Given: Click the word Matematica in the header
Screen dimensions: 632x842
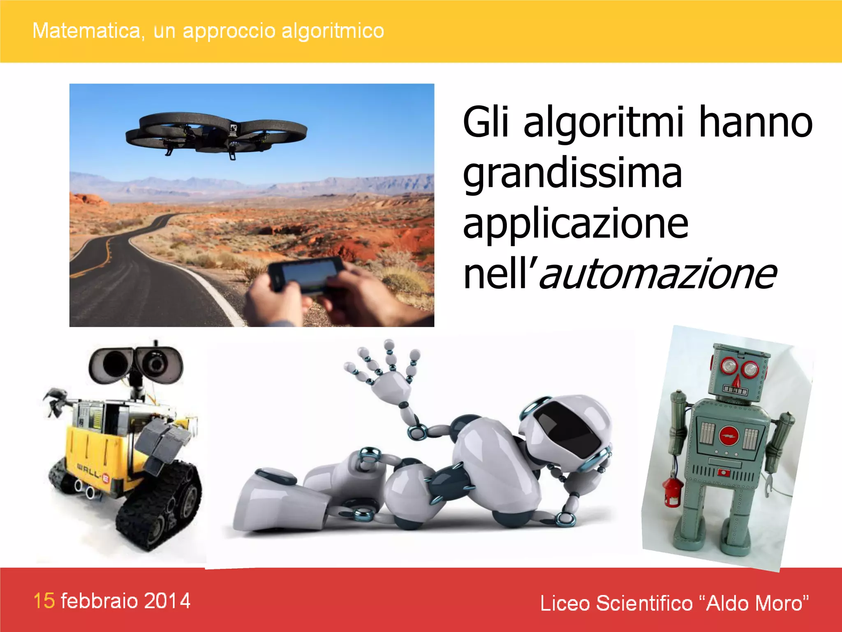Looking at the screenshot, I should point(87,31).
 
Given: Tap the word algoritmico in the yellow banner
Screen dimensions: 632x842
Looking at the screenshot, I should point(333,31).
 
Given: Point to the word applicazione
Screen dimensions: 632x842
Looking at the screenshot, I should point(576,224).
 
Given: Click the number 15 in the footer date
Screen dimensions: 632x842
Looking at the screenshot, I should point(44,601).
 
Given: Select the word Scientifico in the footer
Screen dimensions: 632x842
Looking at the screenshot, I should point(644,603).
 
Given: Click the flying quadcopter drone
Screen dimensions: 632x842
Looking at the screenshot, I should point(216,134).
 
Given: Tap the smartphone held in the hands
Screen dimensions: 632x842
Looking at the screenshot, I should point(306,274).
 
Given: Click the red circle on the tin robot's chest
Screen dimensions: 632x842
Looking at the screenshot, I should point(729,435).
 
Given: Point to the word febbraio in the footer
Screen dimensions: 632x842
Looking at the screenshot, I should point(99,601).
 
